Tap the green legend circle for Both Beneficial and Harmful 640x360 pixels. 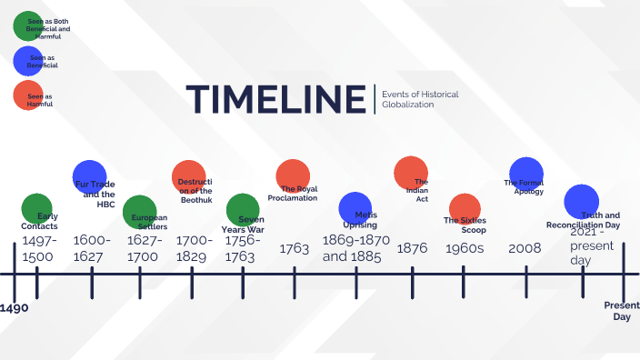point(27,25)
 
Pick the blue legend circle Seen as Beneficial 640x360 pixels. point(27,61)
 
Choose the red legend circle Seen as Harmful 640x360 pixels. point(27,95)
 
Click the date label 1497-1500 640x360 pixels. point(39,248)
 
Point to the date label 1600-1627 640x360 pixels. point(93,248)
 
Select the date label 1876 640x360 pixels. point(412,247)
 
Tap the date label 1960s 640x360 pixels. point(465,247)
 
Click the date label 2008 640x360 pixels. point(525,247)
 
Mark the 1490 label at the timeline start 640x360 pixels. point(15,309)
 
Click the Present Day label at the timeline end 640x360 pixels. point(623,311)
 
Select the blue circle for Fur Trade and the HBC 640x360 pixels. point(90,176)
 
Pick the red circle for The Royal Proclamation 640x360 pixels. point(294,176)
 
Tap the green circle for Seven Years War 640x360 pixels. point(243,209)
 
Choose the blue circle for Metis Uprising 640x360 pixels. point(355,208)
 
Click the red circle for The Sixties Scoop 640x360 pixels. point(465,209)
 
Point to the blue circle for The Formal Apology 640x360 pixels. point(526,174)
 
